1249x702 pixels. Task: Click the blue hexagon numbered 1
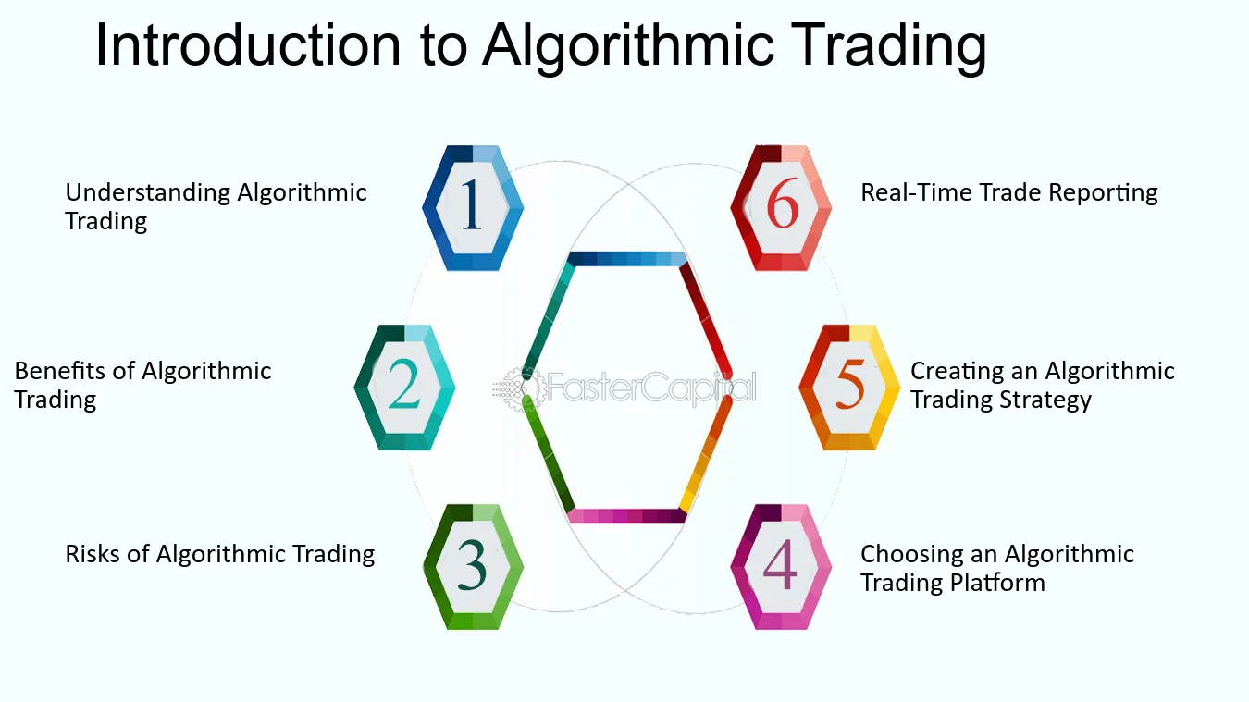(x=473, y=208)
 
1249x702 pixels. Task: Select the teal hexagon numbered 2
(x=404, y=388)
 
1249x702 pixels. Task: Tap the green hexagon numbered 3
(x=473, y=567)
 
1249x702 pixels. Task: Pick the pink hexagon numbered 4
(x=781, y=567)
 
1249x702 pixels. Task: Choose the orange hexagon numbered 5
(x=849, y=388)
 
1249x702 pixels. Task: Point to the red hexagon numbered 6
(x=781, y=208)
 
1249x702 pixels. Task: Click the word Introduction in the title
(x=248, y=44)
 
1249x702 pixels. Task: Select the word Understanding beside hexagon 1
(x=148, y=193)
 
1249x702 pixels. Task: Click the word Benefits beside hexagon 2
(x=59, y=371)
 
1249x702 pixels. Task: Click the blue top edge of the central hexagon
(x=627, y=259)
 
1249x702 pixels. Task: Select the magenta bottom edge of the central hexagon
(x=626, y=516)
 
